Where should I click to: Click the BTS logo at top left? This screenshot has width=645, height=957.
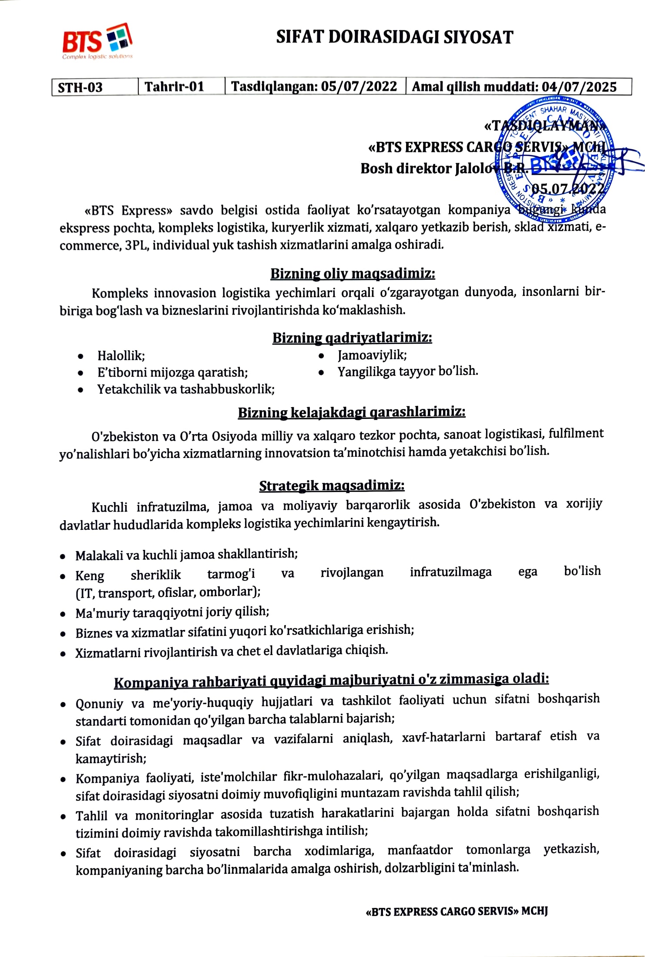tap(97, 42)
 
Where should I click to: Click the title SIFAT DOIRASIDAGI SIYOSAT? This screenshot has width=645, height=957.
tap(394, 37)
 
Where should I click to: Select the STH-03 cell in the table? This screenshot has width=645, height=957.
tap(81, 87)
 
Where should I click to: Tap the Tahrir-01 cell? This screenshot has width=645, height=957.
tap(174, 87)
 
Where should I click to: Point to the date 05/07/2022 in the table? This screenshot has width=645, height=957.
tap(359, 86)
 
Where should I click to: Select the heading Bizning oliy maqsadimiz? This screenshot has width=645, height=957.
tap(353, 274)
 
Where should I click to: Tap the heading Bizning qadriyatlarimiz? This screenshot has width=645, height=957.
tap(352, 338)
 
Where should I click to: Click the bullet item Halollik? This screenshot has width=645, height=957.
tap(121, 356)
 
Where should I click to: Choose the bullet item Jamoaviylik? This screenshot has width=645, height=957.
tap(372, 355)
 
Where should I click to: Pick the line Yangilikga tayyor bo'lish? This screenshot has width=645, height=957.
tap(408, 371)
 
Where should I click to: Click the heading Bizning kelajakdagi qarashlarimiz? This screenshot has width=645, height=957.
tap(351, 412)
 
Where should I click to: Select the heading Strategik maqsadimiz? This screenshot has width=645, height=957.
tap(332, 485)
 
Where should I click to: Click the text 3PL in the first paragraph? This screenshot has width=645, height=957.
tap(135, 245)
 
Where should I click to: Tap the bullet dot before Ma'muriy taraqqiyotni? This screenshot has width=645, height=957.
tap(64, 614)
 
